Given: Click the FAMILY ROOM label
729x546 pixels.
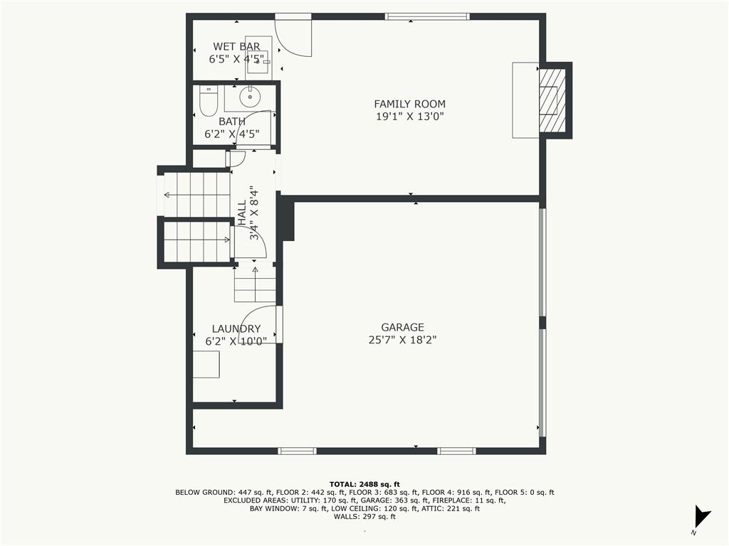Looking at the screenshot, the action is (x=409, y=104).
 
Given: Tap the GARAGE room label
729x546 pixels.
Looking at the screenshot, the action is (x=403, y=327).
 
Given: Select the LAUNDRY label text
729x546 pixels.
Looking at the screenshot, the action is (x=236, y=328).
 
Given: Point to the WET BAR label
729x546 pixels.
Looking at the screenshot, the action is (x=236, y=46).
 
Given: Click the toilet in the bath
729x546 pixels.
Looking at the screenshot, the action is (x=208, y=101).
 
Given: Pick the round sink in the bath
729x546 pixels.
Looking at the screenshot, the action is (x=250, y=97).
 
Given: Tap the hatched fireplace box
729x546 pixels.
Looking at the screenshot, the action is (x=552, y=100).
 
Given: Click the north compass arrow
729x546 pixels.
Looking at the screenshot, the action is (x=701, y=516).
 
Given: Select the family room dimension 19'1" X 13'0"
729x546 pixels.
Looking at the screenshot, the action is (x=409, y=116).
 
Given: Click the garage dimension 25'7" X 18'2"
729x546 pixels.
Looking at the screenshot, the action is (x=403, y=340).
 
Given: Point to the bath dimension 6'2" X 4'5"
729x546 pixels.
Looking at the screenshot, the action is (x=232, y=134).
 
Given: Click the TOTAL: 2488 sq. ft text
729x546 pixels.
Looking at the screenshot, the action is (x=364, y=484).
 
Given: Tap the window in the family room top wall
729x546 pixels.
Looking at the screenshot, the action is (x=427, y=17).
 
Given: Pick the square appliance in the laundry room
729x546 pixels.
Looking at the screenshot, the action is (x=206, y=364).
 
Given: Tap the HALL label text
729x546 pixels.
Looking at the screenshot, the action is (x=242, y=213).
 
